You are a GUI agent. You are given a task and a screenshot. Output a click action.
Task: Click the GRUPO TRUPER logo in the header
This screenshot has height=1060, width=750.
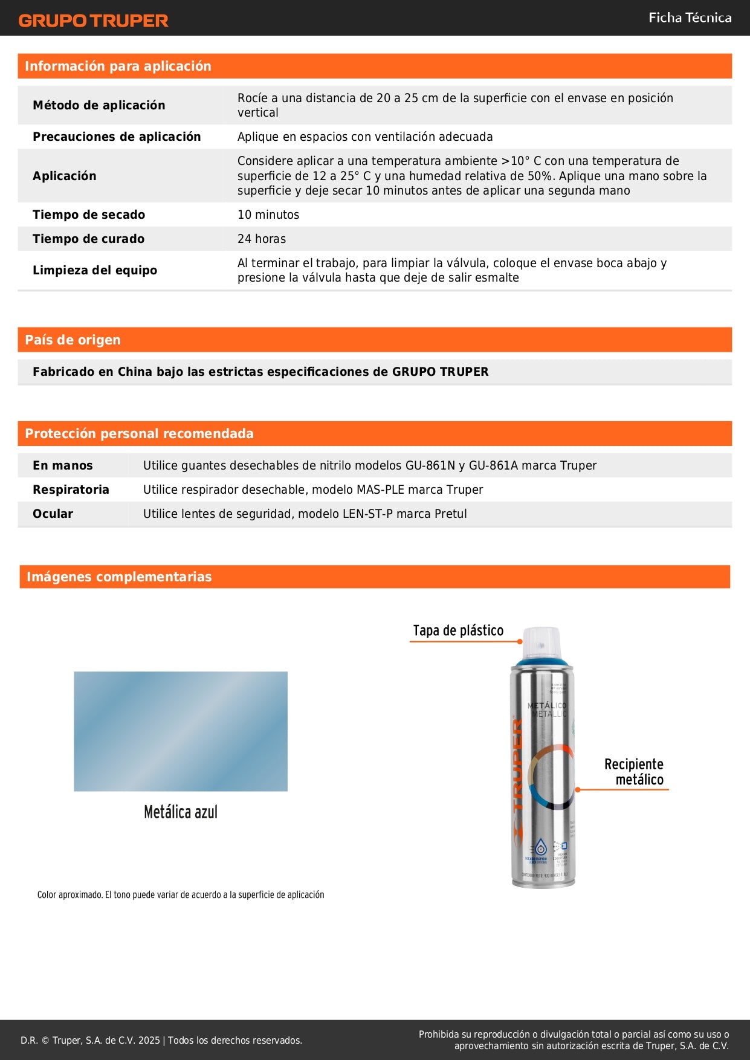pos(93,21)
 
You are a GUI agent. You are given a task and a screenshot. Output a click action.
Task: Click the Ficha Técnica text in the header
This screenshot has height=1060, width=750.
pos(690,18)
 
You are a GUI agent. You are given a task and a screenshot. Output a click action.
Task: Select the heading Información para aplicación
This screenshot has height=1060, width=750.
pos(118,66)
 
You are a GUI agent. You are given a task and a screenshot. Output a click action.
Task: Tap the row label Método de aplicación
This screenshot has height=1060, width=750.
pos(99,105)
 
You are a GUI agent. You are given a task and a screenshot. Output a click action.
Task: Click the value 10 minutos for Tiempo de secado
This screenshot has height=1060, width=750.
pos(268,215)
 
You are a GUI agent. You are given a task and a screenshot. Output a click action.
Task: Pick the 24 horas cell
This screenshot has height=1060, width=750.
pos(261,239)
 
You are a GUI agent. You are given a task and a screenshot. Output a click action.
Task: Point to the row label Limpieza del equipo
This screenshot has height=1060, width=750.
pos(94,270)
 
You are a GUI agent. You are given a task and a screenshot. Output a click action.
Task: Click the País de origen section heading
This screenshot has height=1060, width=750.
pos(73,340)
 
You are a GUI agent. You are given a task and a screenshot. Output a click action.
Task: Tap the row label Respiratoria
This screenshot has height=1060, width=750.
pos(71,490)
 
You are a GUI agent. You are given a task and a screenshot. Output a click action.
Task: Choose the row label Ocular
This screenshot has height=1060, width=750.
pos(53,514)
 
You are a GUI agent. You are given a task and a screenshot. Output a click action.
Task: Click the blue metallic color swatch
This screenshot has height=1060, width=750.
pos(180,731)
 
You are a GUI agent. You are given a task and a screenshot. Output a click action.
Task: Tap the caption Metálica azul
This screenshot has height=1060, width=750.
pos(180,812)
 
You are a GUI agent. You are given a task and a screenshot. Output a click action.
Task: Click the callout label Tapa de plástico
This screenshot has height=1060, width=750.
pos(458,630)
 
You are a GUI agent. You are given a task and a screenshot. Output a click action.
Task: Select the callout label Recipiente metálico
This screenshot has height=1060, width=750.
pos(635,772)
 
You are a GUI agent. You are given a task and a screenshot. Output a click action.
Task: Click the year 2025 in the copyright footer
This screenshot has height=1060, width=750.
pos(149,1040)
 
